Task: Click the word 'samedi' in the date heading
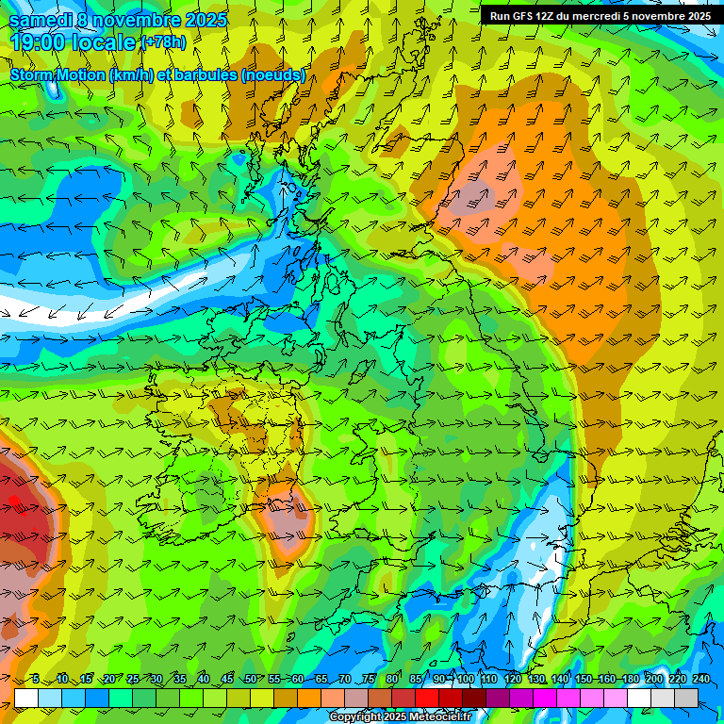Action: coord(40,19)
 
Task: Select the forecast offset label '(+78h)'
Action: coord(163,42)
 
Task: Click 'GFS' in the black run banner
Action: coord(522,16)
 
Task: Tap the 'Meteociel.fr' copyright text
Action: coord(437,717)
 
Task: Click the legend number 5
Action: coord(36,679)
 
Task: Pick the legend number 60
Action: coord(298,679)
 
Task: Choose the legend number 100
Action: coord(466,679)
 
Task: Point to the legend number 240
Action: coord(701,679)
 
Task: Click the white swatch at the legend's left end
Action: coord(26,698)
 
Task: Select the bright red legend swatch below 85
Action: coord(427,698)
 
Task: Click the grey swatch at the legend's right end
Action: coord(686,698)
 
